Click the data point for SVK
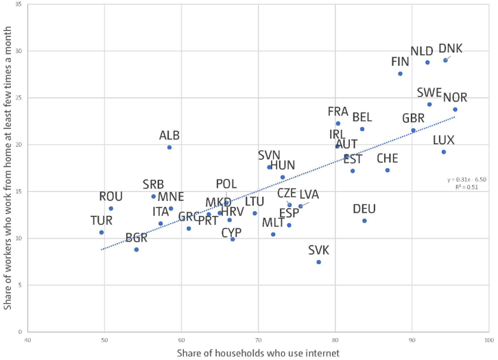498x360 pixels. (x=319, y=262)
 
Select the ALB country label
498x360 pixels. (x=169, y=136)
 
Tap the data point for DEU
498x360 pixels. (x=364, y=221)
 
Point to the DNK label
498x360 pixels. (x=450, y=49)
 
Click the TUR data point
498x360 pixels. (x=102, y=232)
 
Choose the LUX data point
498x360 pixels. (x=444, y=152)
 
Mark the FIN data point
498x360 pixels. (x=401, y=73)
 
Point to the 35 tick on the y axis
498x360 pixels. (x=17, y=5)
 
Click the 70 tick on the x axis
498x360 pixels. (x=258, y=338)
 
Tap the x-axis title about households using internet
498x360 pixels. (x=258, y=352)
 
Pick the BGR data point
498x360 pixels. (x=137, y=250)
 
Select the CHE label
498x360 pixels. (x=388, y=159)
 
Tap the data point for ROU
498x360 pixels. (x=111, y=208)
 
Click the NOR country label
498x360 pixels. (x=455, y=97)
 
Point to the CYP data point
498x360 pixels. (x=233, y=239)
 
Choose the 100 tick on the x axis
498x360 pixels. (x=488, y=338)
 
